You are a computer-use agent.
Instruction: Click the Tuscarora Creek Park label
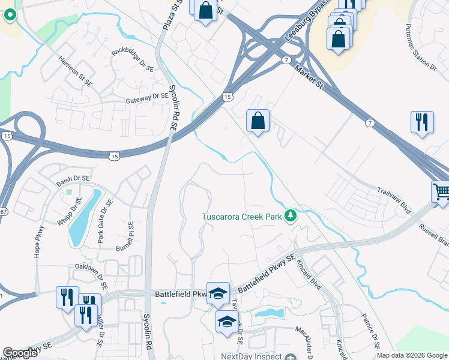[x=243, y=215]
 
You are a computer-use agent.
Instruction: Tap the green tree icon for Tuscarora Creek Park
[x=291, y=215]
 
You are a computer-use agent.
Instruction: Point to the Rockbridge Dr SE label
[x=133, y=58]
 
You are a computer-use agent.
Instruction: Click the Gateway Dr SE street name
[x=148, y=97]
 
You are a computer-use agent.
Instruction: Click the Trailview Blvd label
[x=394, y=200]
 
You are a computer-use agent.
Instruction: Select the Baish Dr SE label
[x=73, y=179]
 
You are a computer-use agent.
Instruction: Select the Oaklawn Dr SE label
[x=95, y=266]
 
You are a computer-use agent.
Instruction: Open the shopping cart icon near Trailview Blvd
[x=441, y=193]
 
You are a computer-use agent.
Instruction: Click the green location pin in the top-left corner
[x=10, y=16]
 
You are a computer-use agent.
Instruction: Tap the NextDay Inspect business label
[x=251, y=356]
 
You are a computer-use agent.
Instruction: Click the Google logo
[x=20, y=353]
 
